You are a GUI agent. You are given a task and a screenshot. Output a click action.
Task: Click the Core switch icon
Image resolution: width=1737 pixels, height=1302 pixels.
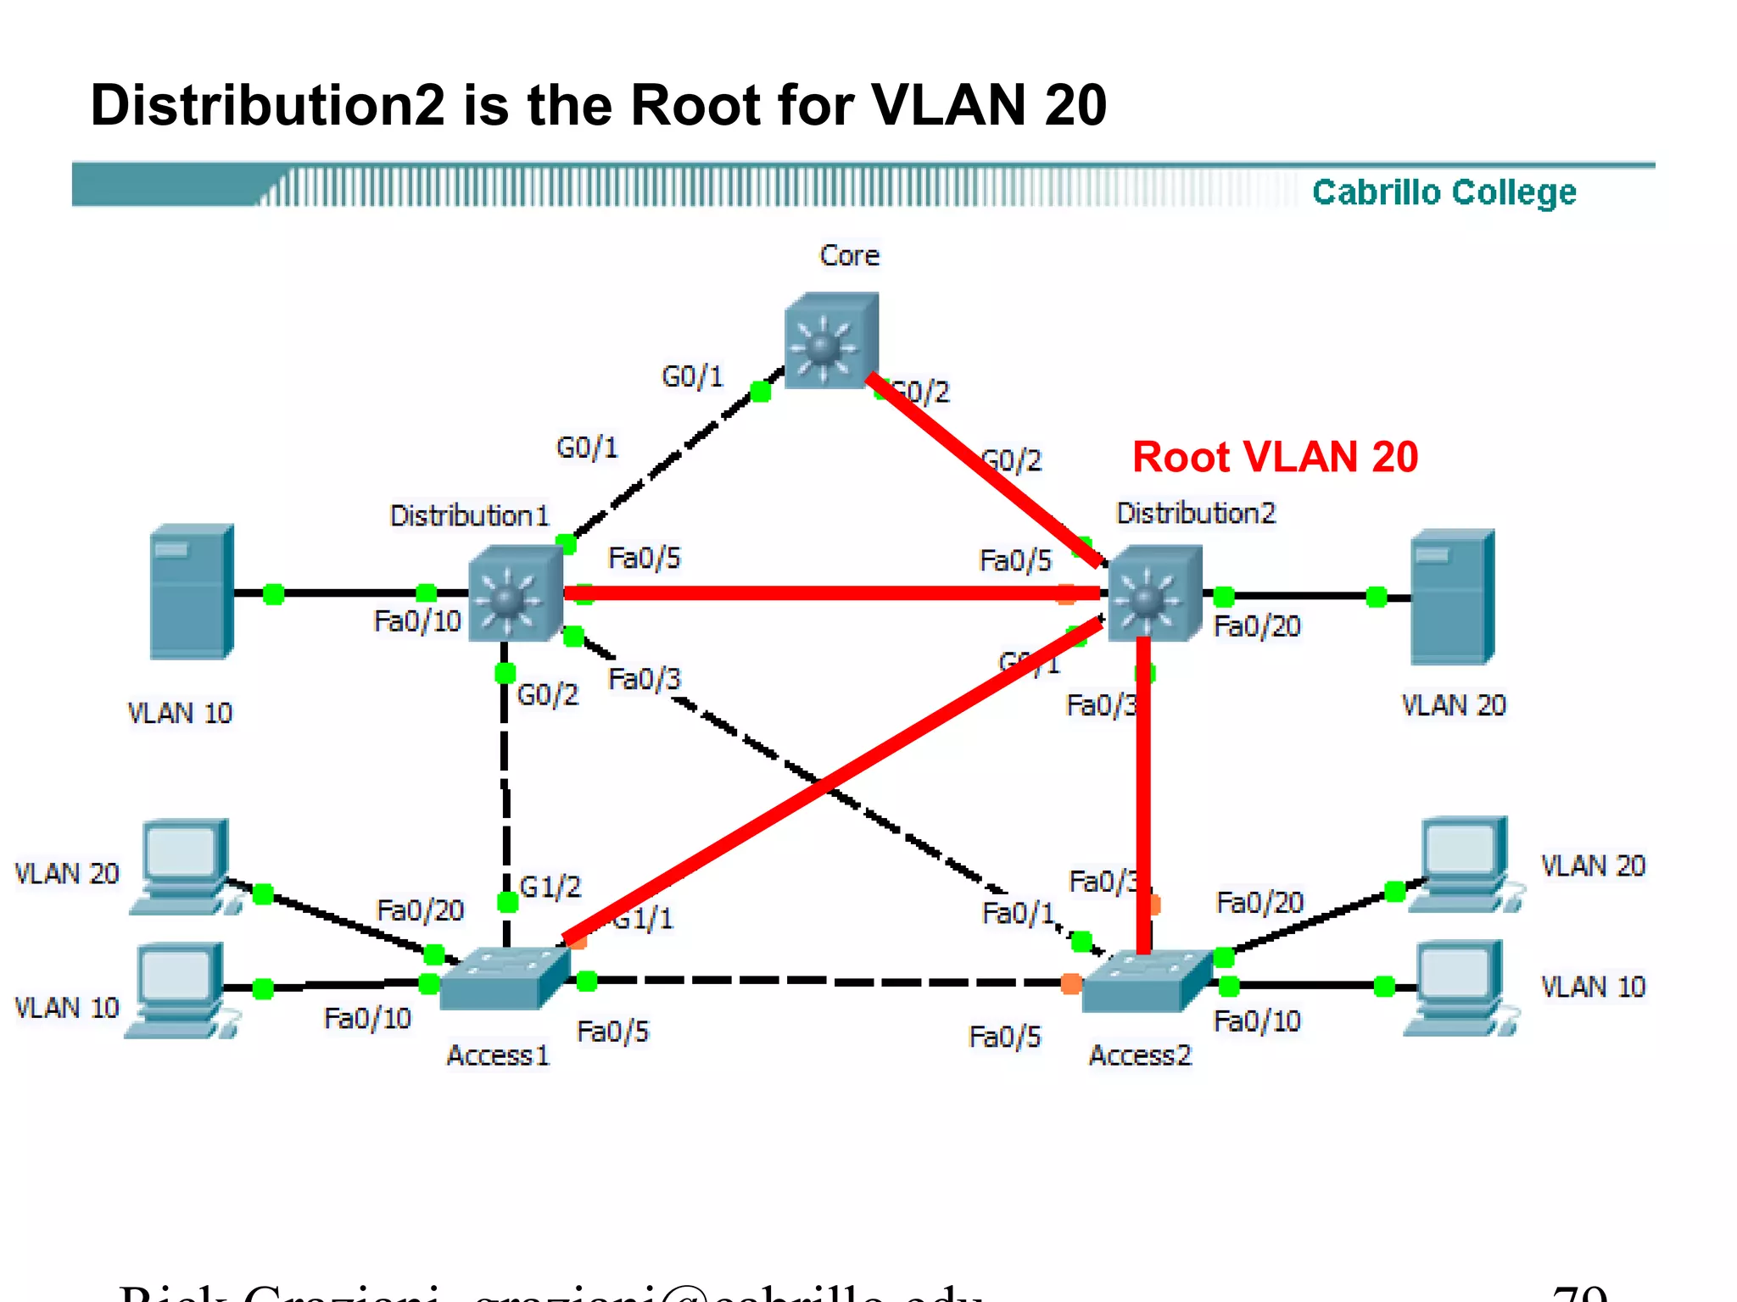tap(830, 341)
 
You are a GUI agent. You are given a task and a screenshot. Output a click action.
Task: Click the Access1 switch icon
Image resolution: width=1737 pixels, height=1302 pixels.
tap(504, 978)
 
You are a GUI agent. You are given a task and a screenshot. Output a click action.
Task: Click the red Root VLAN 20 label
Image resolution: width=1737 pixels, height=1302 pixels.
tap(1274, 458)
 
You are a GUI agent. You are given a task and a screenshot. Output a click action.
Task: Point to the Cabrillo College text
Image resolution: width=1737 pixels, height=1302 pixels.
tap(1444, 192)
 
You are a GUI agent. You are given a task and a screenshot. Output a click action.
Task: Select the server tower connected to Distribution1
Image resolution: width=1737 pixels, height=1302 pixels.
tap(191, 592)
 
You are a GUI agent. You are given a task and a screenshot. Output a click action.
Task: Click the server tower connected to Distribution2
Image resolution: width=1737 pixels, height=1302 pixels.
tap(1451, 597)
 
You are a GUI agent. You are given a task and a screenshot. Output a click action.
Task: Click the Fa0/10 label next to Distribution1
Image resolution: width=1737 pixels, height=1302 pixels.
tap(416, 621)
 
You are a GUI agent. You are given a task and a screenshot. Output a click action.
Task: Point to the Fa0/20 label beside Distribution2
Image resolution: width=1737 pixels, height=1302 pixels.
tap(1256, 626)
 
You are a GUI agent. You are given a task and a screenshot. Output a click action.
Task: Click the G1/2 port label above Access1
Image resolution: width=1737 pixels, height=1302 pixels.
tap(550, 887)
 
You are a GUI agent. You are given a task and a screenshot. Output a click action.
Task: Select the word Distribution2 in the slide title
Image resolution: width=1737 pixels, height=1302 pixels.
tap(267, 106)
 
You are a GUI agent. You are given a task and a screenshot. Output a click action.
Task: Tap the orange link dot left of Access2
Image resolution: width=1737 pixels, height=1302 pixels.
tap(1071, 983)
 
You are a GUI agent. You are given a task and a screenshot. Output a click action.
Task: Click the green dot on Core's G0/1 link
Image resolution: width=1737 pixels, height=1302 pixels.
tap(761, 392)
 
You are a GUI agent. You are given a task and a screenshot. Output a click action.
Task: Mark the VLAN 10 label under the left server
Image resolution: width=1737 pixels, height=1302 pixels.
tap(179, 713)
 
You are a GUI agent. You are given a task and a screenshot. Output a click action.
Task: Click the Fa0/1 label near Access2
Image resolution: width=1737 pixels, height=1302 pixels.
tap(1017, 914)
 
